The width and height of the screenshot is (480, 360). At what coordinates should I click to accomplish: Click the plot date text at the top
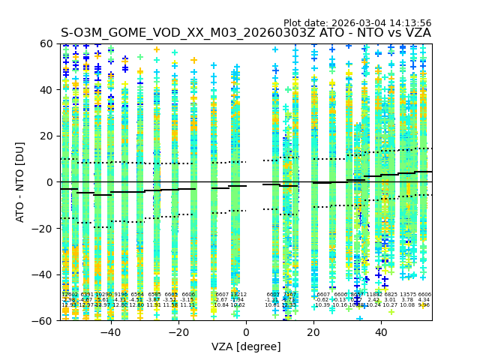[357, 23]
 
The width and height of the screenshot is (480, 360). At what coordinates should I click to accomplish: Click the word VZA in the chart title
[418, 33]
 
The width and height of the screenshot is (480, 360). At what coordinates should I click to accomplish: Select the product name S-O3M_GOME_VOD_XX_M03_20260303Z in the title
[189, 33]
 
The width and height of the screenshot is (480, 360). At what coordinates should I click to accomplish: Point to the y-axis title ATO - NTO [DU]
[20, 182]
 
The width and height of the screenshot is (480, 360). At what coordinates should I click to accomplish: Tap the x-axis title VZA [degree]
[246, 346]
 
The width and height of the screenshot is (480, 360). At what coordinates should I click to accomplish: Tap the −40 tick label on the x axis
[110, 332]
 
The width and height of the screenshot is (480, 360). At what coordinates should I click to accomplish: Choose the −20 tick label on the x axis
[178, 332]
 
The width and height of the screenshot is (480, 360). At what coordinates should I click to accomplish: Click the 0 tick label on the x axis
[246, 332]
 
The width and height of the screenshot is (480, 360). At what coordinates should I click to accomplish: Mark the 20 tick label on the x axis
[313, 332]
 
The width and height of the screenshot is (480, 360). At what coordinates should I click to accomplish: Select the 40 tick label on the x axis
[381, 332]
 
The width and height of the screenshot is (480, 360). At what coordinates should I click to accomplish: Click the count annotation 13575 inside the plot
[407, 295]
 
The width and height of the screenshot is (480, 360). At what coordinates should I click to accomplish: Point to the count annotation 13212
[238, 295]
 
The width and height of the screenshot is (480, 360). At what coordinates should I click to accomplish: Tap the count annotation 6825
[391, 295]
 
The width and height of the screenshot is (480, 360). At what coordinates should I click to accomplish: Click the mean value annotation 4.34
[424, 300]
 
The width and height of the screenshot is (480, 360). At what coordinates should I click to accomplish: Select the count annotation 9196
[120, 295]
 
